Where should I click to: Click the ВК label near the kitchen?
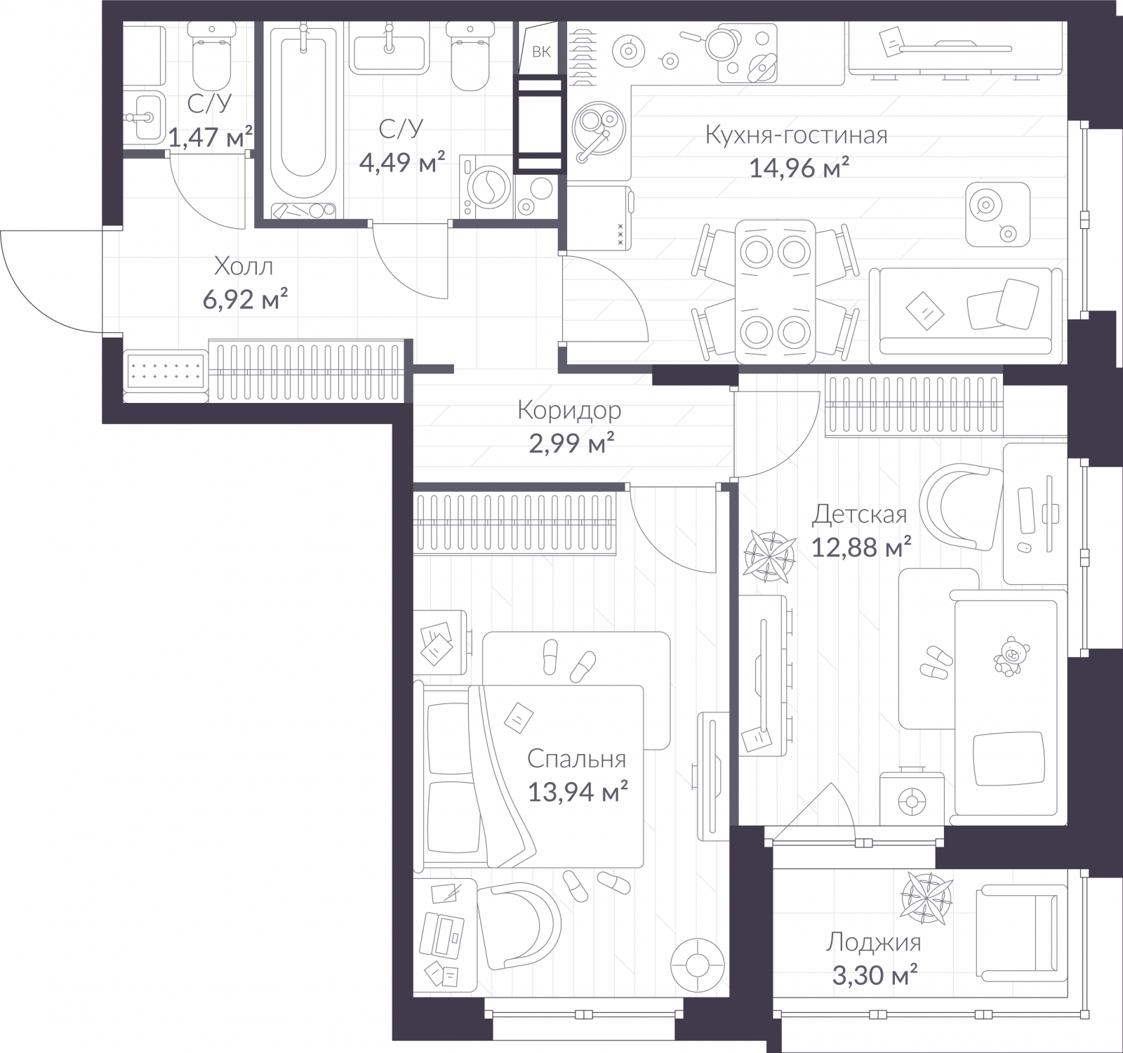coord(541,52)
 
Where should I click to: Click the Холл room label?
coord(243,267)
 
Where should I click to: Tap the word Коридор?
coord(569,410)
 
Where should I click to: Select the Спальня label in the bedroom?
coord(576,759)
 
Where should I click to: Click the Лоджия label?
coord(873,942)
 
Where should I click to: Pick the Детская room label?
coord(859,514)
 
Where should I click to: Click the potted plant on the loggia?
coord(926,895)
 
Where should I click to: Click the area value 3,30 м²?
coord(872,975)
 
